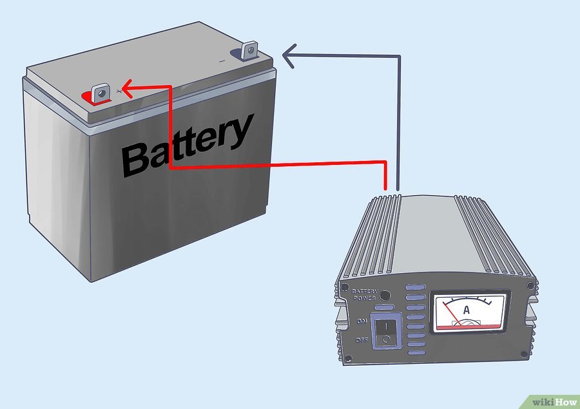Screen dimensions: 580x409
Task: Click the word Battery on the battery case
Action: point(187,146)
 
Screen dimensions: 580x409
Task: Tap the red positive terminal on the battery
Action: point(100,93)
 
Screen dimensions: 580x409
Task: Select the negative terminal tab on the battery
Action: point(249,50)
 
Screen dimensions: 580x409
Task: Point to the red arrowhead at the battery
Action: point(127,89)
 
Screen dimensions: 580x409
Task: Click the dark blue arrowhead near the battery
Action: point(289,56)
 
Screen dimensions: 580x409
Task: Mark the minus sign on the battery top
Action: point(222,61)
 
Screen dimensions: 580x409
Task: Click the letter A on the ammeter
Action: point(467,310)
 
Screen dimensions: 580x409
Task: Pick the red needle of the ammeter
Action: point(451,314)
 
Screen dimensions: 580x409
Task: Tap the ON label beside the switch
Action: point(362,321)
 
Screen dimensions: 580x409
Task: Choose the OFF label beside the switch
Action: point(362,339)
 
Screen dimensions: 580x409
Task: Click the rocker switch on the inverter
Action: point(386,330)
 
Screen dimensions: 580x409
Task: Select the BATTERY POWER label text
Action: point(365,294)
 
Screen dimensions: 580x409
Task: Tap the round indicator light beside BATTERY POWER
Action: point(385,295)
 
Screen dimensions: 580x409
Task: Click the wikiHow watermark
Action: point(554,402)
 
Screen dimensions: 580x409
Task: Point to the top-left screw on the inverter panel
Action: point(344,287)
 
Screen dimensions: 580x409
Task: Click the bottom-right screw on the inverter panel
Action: point(524,354)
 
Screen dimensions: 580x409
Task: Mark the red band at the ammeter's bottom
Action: point(470,327)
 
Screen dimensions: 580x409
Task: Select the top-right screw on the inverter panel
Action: point(530,285)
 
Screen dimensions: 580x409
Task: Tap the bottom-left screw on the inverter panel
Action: point(348,358)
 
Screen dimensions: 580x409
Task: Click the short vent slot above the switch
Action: point(384,307)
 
